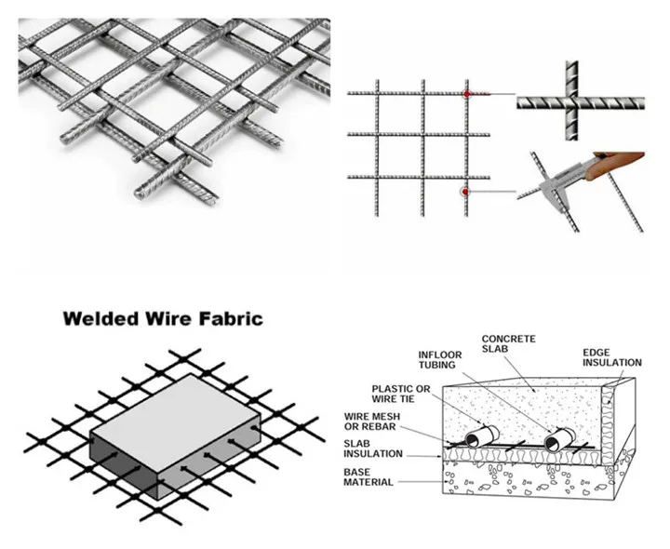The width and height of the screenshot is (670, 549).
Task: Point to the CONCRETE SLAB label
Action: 507,345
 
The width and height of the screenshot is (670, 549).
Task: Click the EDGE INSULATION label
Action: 612,358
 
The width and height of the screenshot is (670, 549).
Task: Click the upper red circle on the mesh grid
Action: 467,94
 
